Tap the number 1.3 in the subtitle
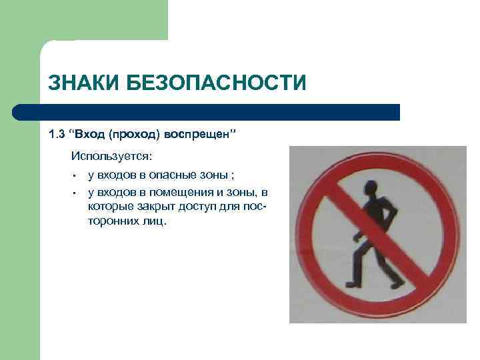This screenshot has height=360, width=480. (57, 135)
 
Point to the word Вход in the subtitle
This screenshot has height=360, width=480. (91, 135)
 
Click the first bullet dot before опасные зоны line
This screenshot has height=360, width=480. (76, 176)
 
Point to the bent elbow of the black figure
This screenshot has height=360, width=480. (396, 215)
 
